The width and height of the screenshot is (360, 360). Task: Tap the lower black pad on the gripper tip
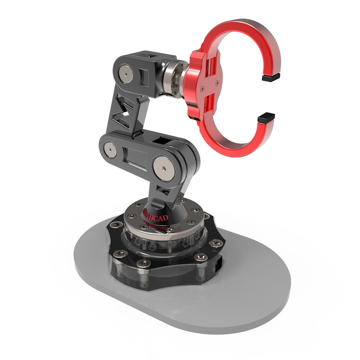[266, 117]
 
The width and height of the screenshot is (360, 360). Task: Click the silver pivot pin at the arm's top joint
[128, 74]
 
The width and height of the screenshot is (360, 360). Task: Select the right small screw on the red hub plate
[218, 83]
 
